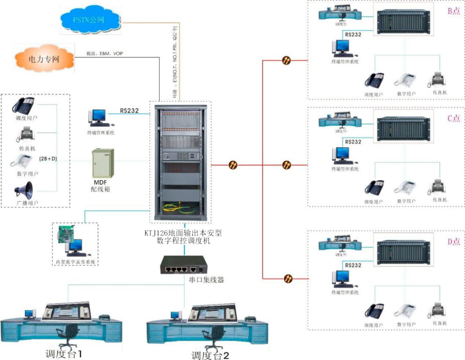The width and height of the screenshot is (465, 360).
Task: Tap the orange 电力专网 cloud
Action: pyautogui.click(x=43, y=59)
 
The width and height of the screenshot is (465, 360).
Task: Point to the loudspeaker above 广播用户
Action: pyautogui.click(x=24, y=190)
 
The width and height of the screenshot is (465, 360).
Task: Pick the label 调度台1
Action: pyautogui.click(x=64, y=354)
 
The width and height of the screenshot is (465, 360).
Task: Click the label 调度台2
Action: pyautogui.click(x=210, y=355)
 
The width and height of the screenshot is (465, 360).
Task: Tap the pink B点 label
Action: pyautogui.click(x=454, y=11)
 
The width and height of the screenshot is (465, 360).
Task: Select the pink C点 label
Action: pyautogui.click(x=454, y=118)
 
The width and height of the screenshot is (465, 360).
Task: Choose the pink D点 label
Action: pyautogui.click(x=454, y=242)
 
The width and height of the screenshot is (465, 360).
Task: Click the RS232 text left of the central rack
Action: pyautogui.click(x=129, y=111)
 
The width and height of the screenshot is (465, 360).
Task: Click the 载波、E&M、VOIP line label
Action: pyautogui.click(x=105, y=54)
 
